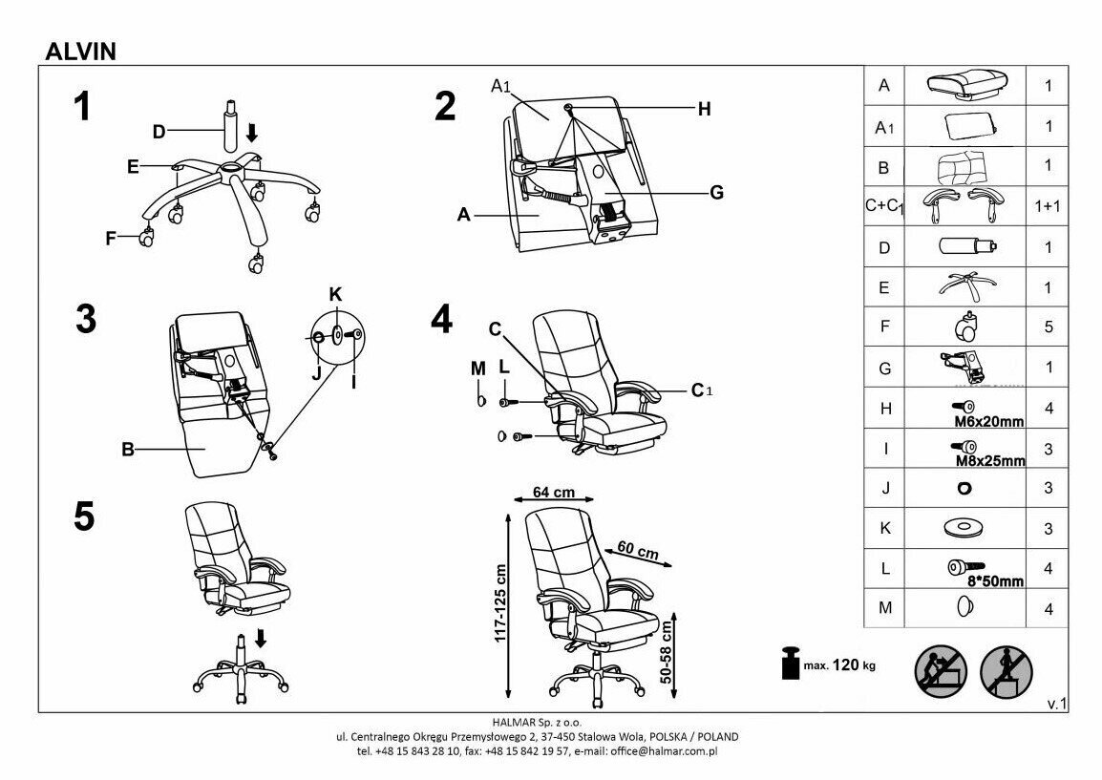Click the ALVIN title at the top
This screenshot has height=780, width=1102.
[x=81, y=52]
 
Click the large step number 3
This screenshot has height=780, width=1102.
[x=86, y=319]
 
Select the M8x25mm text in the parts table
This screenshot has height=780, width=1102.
[x=990, y=461]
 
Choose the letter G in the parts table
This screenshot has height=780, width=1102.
[x=885, y=368]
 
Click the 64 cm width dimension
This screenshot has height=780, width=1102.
[x=554, y=494]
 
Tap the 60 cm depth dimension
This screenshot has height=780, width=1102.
[x=638, y=552]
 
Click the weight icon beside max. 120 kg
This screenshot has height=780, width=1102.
[x=790, y=664]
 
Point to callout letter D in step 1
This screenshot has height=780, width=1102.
[x=159, y=132]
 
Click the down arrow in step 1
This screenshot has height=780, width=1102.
[x=252, y=133]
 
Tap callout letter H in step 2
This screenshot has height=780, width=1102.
[x=704, y=110]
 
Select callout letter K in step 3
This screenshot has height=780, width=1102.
[x=335, y=293]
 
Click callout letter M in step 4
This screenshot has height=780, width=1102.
[x=477, y=369]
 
